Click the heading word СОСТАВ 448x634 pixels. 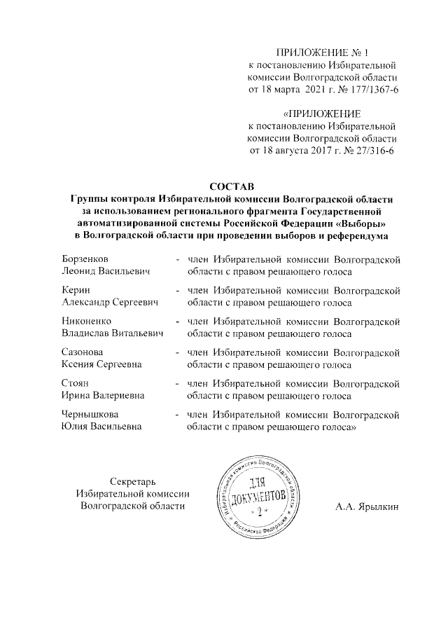pos(230,186)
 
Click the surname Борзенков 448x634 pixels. pos(85,259)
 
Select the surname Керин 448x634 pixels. pos(76,289)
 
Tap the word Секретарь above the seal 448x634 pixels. pos(132,480)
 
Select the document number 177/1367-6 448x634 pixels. pos(372,89)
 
